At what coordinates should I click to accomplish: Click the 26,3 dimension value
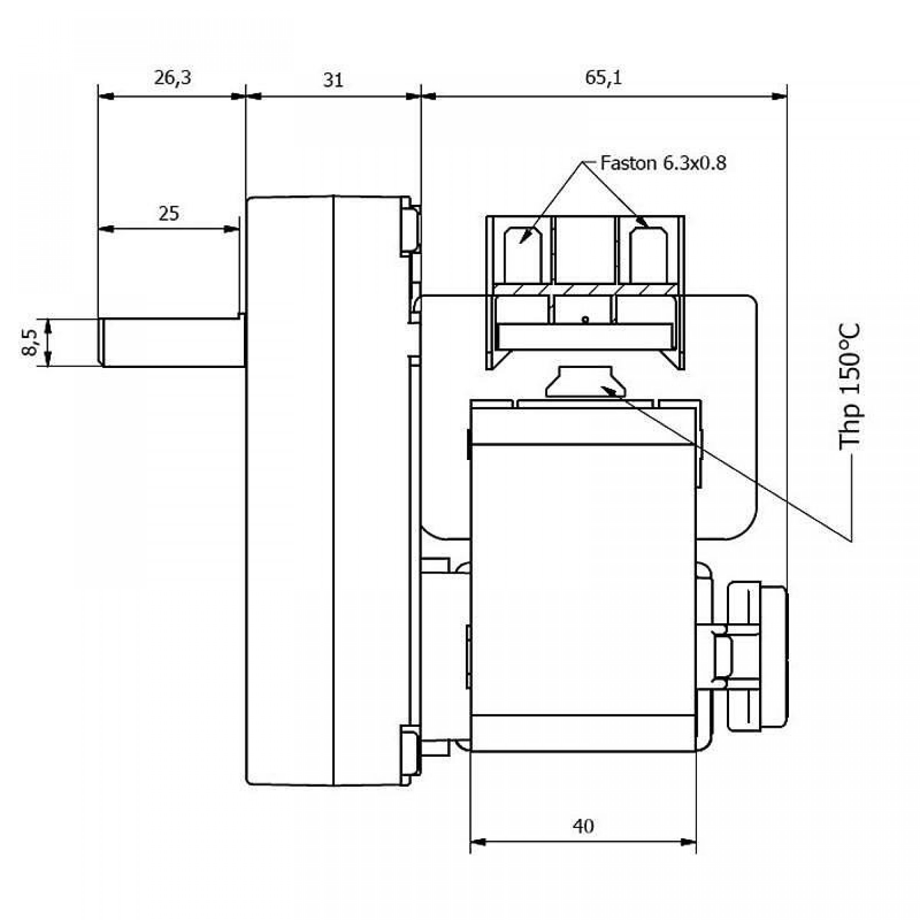(172, 77)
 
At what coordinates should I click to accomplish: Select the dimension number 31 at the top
(333, 80)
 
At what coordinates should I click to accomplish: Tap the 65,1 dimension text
(603, 77)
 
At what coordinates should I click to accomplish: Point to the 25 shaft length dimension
(168, 214)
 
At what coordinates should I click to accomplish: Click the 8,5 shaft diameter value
(29, 343)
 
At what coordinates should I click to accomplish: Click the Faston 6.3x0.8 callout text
(662, 163)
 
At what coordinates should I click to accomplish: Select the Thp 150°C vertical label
(850, 386)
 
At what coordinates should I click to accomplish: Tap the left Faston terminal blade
(523, 254)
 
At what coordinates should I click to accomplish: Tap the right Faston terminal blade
(648, 254)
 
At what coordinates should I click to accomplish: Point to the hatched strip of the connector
(585, 289)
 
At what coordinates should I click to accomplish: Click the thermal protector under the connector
(585, 382)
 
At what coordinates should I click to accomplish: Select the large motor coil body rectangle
(583, 579)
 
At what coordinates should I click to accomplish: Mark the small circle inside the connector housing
(585, 319)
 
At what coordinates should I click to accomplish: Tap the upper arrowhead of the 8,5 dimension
(48, 325)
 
